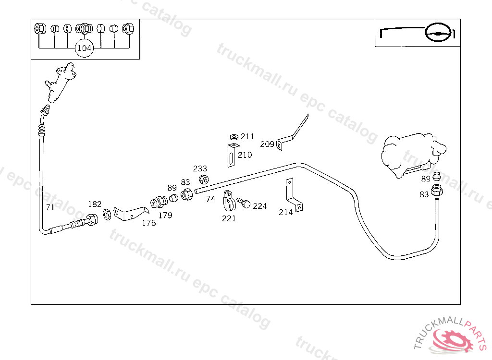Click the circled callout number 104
click(84, 48)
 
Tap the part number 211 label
click(247, 136)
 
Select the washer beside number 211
click(234, 137)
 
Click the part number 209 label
click(267, 144)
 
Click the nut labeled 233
click(204, 180)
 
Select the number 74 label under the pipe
click(211, 199)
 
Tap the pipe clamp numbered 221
click(229, 201)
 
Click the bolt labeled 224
click(244, 203)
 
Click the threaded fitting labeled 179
click(159, 202)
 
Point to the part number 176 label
click(149, 223)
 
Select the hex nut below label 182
click(107, 215)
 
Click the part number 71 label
click(50, 207)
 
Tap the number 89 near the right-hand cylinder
click(426, 179)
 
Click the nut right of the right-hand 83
click(437, 191)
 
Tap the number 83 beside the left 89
click(185, 182)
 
